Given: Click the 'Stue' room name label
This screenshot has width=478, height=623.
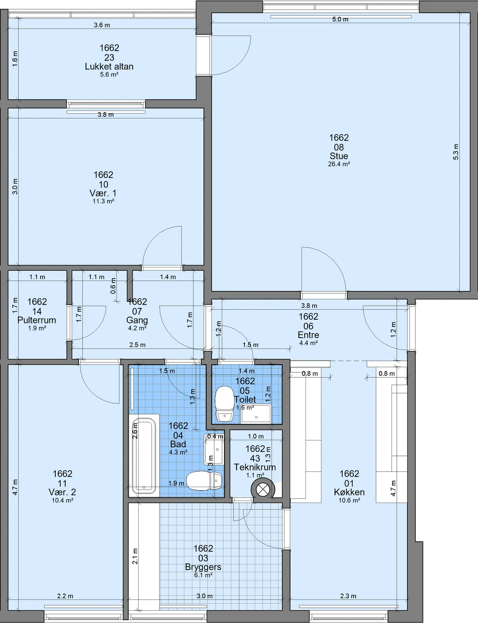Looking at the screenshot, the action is point(339,156).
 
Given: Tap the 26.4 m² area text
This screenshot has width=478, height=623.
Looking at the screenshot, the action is point(339,164).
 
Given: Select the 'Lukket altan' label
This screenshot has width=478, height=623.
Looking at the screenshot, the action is point(109,67).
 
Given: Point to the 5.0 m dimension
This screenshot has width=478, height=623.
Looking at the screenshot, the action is point(340,19).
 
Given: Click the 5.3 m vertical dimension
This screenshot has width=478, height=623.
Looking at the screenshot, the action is point(456,152).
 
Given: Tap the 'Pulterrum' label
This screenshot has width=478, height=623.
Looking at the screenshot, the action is point(37,320).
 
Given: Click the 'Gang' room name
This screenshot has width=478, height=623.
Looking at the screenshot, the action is point(137,320).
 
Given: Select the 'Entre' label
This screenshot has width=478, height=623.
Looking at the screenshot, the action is point(308,334).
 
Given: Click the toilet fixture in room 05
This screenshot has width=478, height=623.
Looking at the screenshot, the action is point(225,404).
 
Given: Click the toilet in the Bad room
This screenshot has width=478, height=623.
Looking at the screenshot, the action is point(204,481).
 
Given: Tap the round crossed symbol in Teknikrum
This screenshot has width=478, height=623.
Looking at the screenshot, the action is point(263,490).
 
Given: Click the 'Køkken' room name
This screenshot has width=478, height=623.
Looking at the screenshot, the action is point(349,492).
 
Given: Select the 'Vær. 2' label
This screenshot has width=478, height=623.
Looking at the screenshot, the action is point(62,492).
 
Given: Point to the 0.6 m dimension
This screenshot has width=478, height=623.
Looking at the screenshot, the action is point(113,285).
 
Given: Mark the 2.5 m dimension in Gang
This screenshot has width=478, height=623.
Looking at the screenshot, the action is point(137,345).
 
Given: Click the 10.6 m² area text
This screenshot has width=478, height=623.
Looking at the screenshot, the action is point(349,500).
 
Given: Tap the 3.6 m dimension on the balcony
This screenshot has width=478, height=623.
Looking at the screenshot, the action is point(102,25).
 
